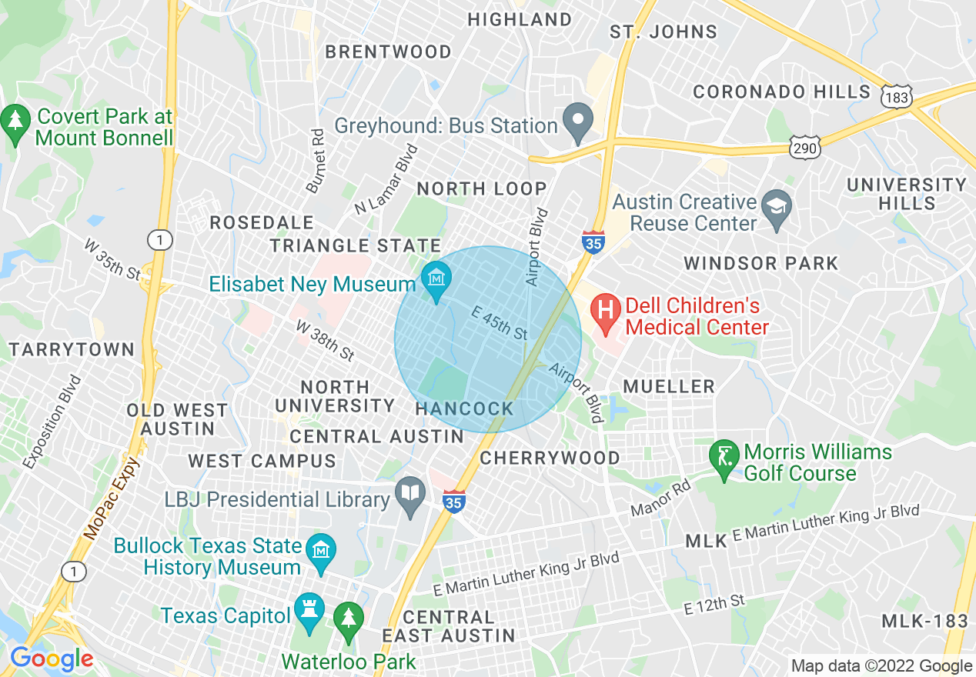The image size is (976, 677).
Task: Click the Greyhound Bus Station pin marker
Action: click(577, 121)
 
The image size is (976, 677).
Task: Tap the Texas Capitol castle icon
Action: click(309, 615)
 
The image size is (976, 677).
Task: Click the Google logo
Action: click(51, 659)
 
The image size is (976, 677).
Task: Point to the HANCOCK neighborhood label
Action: click(464, 409)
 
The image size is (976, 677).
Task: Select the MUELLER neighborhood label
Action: click(669, 386)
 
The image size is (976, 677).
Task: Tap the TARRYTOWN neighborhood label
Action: click(72, 350)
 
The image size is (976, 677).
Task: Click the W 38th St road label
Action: click(325, 341)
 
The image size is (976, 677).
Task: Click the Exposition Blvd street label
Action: click(52, 422)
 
